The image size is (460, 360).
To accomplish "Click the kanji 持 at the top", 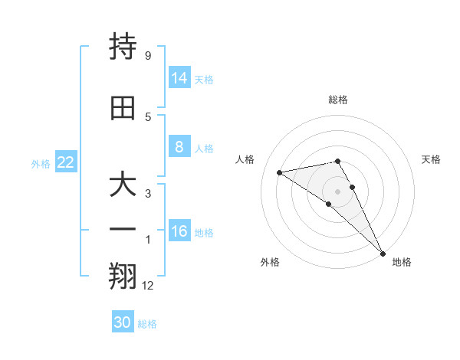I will click(123, 47).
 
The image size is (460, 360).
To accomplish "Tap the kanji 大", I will click(123, 187).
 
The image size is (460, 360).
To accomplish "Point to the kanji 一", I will click(123, 229).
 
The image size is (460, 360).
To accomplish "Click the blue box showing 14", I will click(179, 78).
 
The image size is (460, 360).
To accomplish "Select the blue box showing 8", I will click(179, 147).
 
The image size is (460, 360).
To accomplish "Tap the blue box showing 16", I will click(179, 232).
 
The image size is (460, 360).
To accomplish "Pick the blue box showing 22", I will click(66, 162).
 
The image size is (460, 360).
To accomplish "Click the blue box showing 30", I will click(122, 322).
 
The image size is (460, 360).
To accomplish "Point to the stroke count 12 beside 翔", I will click(149, 286).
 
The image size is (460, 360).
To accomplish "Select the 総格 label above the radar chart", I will click(338, 100).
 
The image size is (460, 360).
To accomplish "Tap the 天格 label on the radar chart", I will click(431, 159).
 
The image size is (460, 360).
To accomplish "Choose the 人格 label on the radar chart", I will click(245, 159).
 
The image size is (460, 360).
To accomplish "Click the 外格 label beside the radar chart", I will click(270, 262).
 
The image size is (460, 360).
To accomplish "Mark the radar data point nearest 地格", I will click(383, 253).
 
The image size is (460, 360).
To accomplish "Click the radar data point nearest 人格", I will click(280, 172).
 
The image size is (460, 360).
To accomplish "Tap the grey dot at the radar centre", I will click(338, 191).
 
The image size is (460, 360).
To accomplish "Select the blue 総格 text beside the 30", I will click(147, 324).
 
